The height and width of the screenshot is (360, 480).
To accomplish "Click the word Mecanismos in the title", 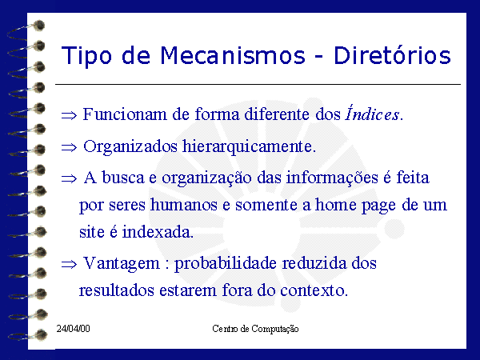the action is point(233,55).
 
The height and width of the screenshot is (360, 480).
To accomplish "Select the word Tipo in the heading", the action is point(86,56).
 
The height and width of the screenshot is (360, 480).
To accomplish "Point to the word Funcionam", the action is point(125,114).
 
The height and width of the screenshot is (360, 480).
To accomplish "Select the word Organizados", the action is point(130,147).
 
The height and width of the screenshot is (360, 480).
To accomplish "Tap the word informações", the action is point(332,178).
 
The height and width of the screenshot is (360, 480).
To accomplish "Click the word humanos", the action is point(184,205).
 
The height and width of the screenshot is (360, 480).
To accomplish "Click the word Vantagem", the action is point(122,264).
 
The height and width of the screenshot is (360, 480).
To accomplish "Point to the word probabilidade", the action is point(226,264).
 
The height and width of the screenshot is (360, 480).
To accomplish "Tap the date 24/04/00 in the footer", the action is point(73,329).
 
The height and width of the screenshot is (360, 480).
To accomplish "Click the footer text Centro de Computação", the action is point(255,329).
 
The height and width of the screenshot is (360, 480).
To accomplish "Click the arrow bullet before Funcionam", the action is point(69,116).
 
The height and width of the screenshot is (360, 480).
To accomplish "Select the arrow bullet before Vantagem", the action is point(69,264).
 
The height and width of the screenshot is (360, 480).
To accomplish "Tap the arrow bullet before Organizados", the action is point(69,148).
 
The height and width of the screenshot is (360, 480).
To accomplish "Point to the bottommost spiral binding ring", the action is point(27,334).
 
